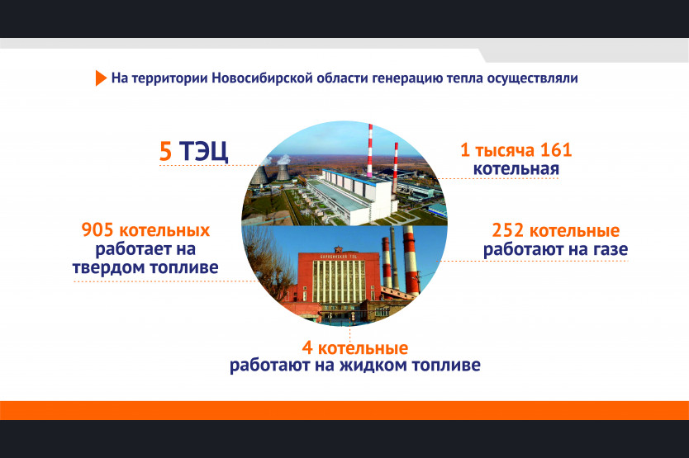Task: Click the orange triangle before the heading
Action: point(101,78)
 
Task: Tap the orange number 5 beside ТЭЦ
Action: point(165,152)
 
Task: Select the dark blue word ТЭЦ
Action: point(203,152)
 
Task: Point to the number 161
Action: point(556,150)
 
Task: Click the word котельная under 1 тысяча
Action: point(516,168)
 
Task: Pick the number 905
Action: point(97,230)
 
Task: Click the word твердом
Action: point(108,267)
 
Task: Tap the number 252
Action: point(507,230)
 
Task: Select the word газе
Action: point(611,249)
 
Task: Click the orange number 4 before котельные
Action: point(307,348)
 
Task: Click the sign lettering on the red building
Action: point(339,256)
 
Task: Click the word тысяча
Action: point(505,151)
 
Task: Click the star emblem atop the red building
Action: point(339,249)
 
